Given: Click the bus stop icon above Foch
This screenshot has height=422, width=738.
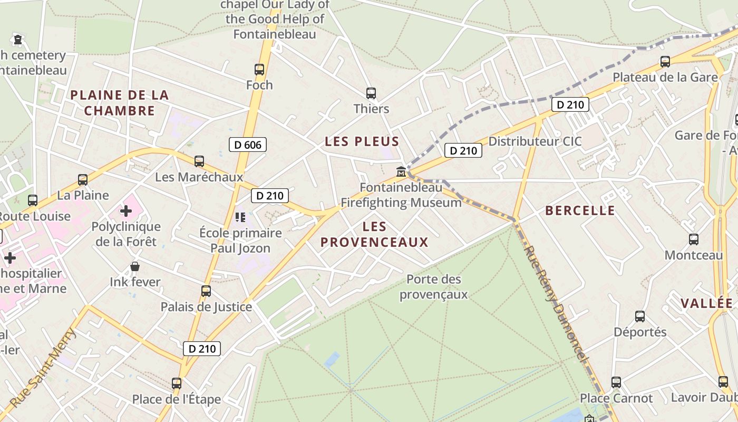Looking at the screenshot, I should click(259, 69).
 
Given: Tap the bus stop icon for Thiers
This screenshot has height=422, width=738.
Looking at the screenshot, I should click(371, 93).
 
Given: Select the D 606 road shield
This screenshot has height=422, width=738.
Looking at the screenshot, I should click(248, 145).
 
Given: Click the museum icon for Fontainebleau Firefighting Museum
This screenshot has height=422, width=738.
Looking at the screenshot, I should click(401, 172).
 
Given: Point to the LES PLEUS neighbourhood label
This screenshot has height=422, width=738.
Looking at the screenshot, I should click(362, 141).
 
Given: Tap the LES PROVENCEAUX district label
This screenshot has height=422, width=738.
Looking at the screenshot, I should click(374, 235).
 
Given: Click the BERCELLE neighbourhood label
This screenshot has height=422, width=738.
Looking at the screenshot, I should click(580, 211).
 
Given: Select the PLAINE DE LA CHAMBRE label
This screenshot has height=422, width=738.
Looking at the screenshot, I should click(120, 103).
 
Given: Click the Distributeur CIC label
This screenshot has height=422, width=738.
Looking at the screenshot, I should click(535, 141).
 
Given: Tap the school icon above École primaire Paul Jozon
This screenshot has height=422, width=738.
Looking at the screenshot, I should click(240, 217).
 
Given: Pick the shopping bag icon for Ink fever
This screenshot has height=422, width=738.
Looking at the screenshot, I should click(135, 266).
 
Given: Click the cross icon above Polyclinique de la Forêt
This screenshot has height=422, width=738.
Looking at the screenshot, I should click(125, 211).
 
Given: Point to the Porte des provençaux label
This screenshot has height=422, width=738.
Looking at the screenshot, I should click(433, 286).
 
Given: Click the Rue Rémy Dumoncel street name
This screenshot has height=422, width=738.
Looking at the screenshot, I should click(556, 304).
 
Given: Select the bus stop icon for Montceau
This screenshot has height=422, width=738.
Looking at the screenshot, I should click(694, 239).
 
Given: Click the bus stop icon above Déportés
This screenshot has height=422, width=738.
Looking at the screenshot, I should click(640, 316).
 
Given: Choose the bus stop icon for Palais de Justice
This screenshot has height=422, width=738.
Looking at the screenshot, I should click(206, 291).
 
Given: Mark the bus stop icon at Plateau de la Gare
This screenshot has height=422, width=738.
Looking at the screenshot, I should click(665, 62).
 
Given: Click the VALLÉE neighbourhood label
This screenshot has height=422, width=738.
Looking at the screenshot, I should click(706, 303).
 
